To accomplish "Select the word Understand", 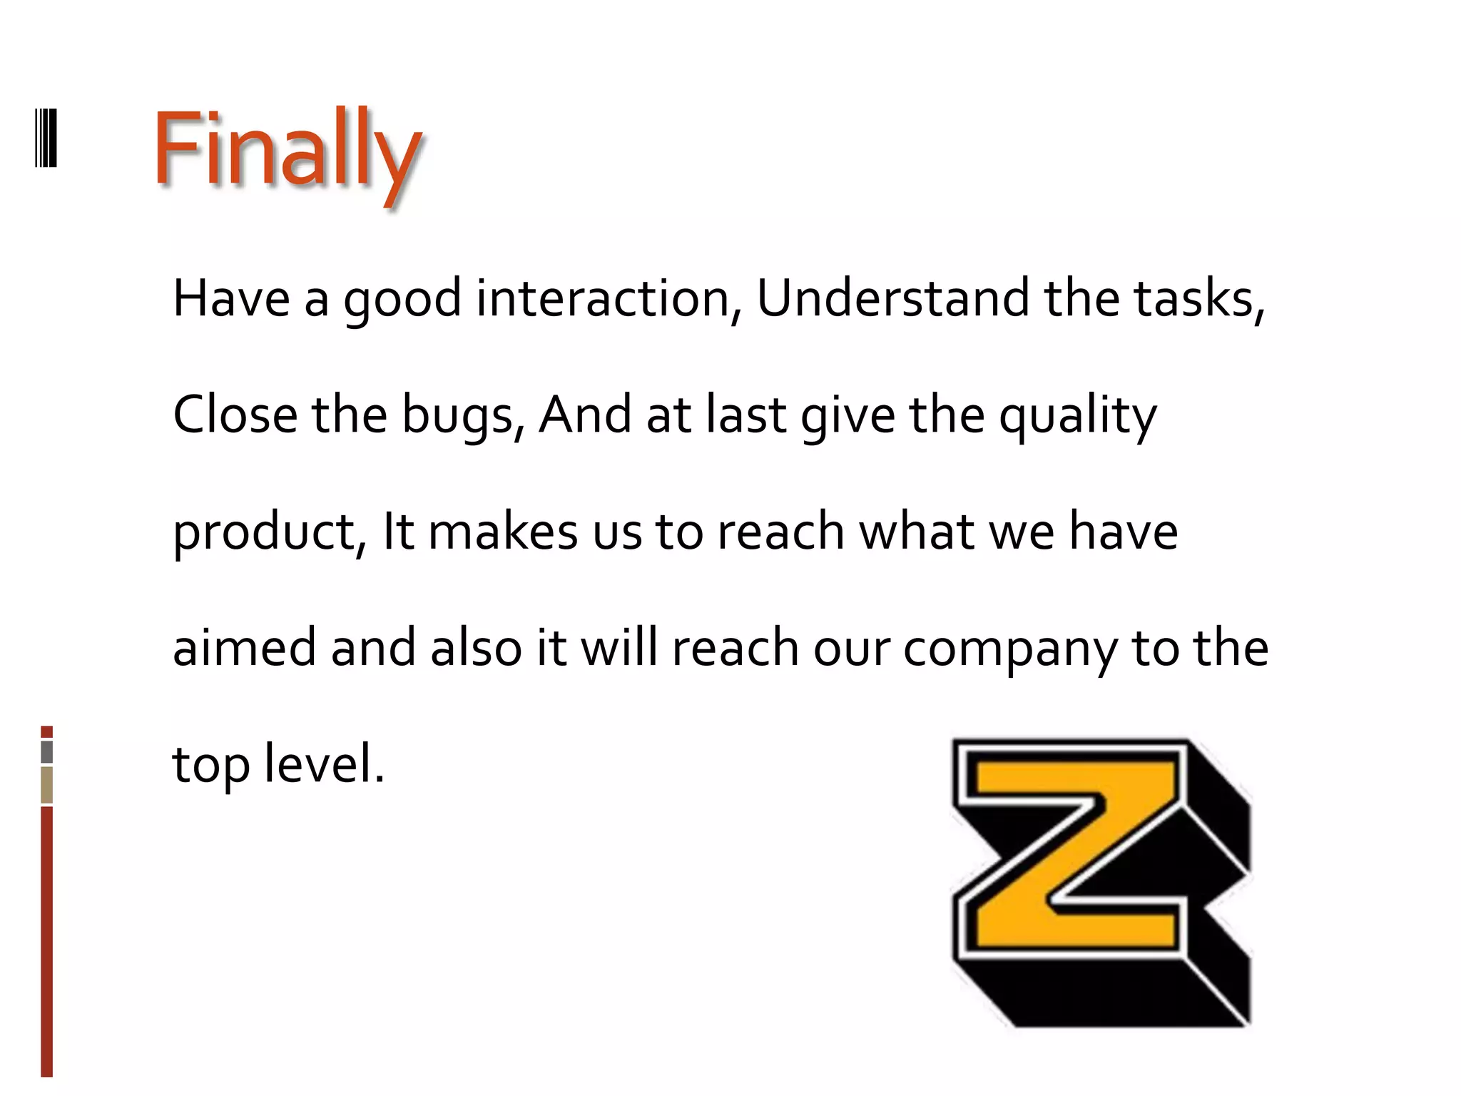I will click(x=892, y=298).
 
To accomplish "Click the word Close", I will click(x=235, y=415).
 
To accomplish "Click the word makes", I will click(x=503, y=532).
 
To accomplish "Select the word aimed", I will click(x=244, y=648).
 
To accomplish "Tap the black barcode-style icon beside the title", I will click(x=46, y=137).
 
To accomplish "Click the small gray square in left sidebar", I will click(x=47, y=751).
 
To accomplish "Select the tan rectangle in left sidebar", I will click(x=47, y=784).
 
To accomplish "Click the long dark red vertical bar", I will click(x=47, y=942).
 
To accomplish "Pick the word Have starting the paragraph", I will click(x=231, y=298).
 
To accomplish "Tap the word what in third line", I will click(x=916, y=532).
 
